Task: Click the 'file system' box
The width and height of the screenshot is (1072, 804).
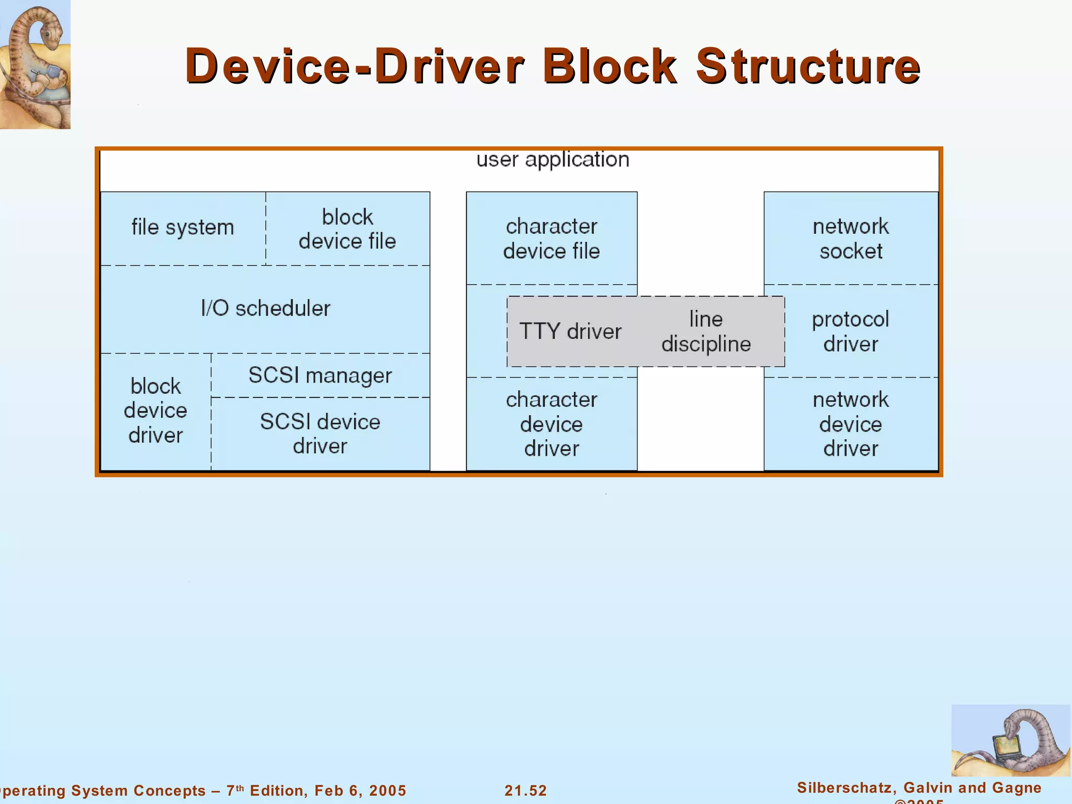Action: pyautogui.click(x=183, y=228)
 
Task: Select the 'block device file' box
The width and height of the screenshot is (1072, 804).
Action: pyautogui.click(x=348, y=229)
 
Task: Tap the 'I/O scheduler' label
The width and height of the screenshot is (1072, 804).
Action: pyautogui.click(x=265, y=308)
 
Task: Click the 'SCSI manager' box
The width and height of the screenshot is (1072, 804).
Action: pyautogui.click(x=320, y=375)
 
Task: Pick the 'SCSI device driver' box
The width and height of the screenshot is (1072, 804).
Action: pyautogui.click(x=320, y=434)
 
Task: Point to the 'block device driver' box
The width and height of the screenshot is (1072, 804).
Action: pyautogui.click(x=155, y=411)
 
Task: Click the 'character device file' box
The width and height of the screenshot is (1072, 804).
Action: pyautogui.click(x=551, y=239)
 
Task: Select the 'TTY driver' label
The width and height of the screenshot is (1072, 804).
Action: pyautogui.click(x=570, y=331)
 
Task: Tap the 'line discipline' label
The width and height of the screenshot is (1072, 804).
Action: pyautogui.click(x=706, y=331)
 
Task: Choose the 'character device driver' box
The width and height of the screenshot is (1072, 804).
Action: pyautogui.click(x=551, y=424)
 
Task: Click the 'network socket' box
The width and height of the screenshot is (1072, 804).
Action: pyautogui.click(x=851, y=239)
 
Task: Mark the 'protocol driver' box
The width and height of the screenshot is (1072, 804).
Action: pyautogui.click(x=851, y=331)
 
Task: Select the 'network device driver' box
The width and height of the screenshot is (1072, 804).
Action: pyautogui.click(x=851, y=424)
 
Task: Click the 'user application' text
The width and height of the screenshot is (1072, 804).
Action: pyautogui.click(x=552, y=160)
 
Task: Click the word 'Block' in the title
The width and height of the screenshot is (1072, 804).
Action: pyautogui.click(x=610, y=66)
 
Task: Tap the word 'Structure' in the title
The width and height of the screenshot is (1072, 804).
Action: pyautogui.click(x=808, y=66)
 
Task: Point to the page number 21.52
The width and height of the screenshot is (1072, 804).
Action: pyautogui.click(x=526, y=790)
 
